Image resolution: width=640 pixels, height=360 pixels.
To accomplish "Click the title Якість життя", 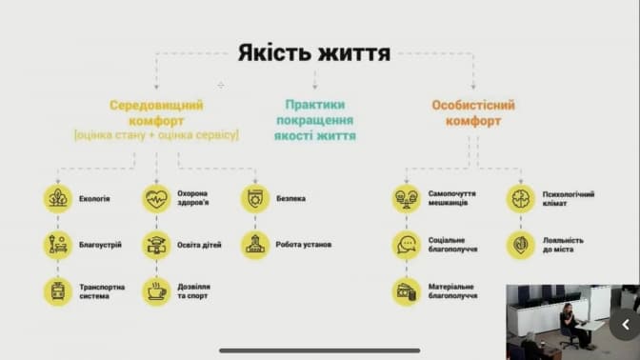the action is (x=314, y=53).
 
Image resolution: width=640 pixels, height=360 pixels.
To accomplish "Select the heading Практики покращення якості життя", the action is (x=315, y=120).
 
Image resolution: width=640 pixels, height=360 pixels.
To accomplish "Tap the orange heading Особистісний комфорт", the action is (x=473, y=112).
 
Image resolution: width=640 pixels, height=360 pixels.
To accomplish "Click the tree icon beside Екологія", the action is (x=58, y=199).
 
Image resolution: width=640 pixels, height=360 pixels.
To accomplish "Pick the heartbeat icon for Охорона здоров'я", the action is (x=156, y=199).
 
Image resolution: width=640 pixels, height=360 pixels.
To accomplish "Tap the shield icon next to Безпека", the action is (x=255, y=199).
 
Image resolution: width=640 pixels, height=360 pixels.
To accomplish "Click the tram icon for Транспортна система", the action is (x=58, y=291).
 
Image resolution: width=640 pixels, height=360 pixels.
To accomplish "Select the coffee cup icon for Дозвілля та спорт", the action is (x=156, y=291).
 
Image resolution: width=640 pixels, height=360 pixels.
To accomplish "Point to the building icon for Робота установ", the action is (x=255, y=246).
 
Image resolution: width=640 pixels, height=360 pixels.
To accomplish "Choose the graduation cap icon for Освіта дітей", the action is (x=156, y=246).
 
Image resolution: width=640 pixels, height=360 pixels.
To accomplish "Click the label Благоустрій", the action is (x=100, y=245).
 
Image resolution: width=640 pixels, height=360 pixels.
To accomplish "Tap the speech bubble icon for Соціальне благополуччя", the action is (x=406, y=246).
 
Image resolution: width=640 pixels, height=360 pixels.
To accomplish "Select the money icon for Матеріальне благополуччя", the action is (x=406, y=291).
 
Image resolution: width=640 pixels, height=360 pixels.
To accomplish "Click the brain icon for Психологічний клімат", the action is (x=520, y=199).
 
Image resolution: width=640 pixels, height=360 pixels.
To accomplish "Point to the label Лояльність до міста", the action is (x=563, y=245).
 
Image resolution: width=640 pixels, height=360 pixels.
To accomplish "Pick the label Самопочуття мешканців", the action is (x=452, y=198).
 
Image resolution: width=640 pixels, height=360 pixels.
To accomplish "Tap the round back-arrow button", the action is (x=625, y=325).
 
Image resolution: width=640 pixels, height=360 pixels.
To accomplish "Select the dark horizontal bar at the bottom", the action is (x=320, y=350).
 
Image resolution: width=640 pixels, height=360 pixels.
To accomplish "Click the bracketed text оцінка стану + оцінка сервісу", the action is (x=156, y=135).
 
